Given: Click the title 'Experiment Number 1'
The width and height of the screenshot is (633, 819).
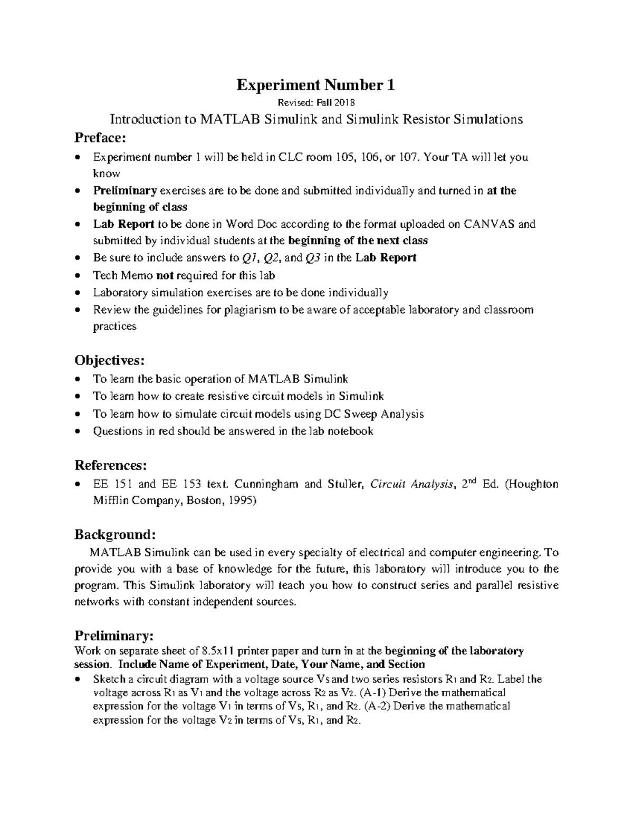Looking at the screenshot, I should pyautogui.click(x=315, y=85).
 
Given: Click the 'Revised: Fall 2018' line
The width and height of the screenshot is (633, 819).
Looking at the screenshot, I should pyautogui.click(x=315, y=102).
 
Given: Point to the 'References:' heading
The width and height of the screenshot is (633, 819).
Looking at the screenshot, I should pyautogui.click(x=110, y=465).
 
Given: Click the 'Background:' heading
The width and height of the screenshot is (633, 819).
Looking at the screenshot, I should pyautogui.click(x=114, y=534).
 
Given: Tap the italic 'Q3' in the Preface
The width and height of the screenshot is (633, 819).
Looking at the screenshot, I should pyautogui.click(x=313, y=258).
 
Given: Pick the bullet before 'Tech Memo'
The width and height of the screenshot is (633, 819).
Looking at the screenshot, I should pyautogui.click(x=78, y=276).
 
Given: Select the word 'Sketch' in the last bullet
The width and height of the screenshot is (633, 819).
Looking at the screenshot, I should pyautogui.click(x=108, y=679).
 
